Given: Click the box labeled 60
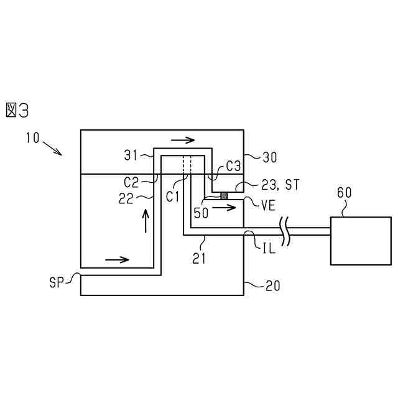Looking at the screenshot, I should [x=361, y=241].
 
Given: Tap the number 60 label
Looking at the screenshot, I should [x=344, y=192].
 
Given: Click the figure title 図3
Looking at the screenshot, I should [x=17, y=110].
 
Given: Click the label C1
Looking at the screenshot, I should [x=174, y=195].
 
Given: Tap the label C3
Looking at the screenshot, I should [x=233, y=167].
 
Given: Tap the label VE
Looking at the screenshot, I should [x=269, y=205].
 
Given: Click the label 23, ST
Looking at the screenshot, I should [x=274, y=184].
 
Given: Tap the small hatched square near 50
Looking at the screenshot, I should [x=224, y=197].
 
